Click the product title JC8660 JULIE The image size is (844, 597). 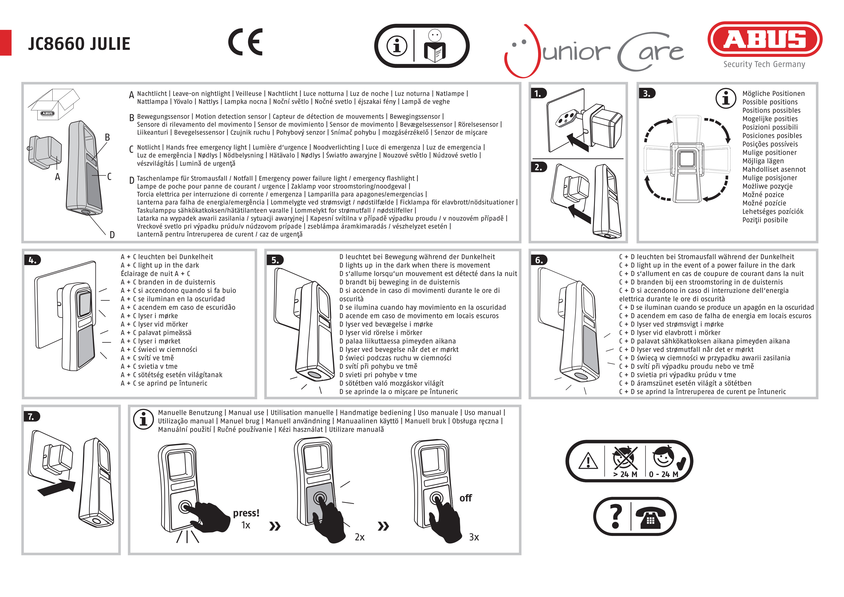click(x=79, y=44)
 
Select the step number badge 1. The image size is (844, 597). click(x=538, y=93)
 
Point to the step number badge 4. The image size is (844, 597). click(x=32, y=260)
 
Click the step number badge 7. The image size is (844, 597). click(x=32, y=416)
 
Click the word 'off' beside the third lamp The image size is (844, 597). click(x=465, y=498)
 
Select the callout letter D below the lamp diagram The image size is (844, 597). click(x=112, y=235)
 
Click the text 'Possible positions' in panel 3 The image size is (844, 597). click(x=770, y=102)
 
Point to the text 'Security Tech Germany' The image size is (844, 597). click(x=764, y=64)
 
